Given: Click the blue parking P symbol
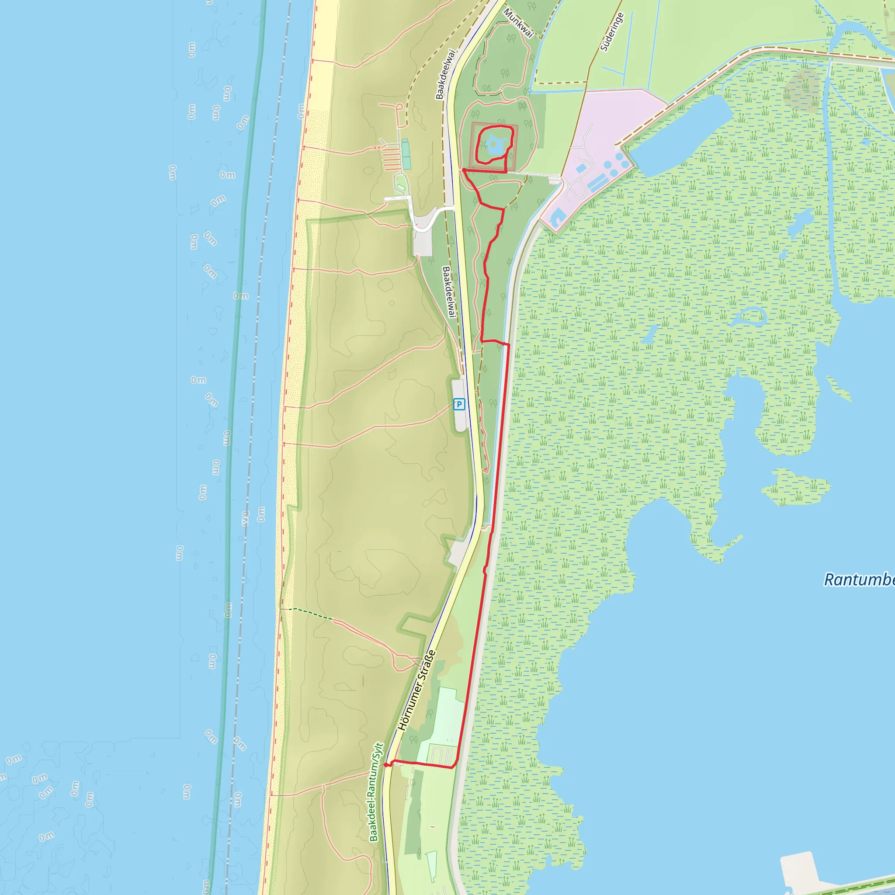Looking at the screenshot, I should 458,404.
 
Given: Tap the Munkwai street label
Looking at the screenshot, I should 518,22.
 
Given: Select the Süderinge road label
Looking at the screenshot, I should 612,31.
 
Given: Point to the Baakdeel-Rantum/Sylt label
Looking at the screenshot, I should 376,792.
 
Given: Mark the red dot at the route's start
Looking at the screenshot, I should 386,765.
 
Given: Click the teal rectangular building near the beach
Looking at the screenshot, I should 406,154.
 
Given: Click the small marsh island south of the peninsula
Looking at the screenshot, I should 795,488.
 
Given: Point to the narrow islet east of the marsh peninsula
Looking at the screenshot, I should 839,387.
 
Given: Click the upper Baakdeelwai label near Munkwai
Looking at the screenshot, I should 446,74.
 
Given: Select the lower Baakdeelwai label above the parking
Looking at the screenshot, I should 448,291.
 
